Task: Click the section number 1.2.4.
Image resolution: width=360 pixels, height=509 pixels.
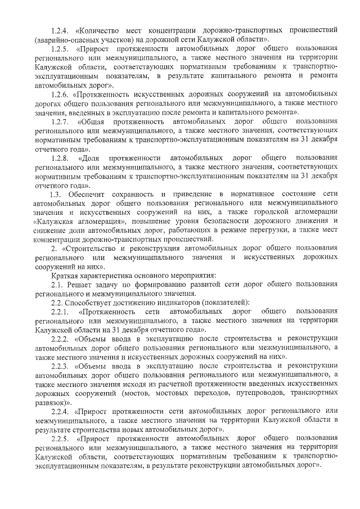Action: [x=59, y=29]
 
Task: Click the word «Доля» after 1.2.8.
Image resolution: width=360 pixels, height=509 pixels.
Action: [x=92, y=158]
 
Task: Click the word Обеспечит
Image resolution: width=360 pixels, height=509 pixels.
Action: [x=91, y=195]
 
